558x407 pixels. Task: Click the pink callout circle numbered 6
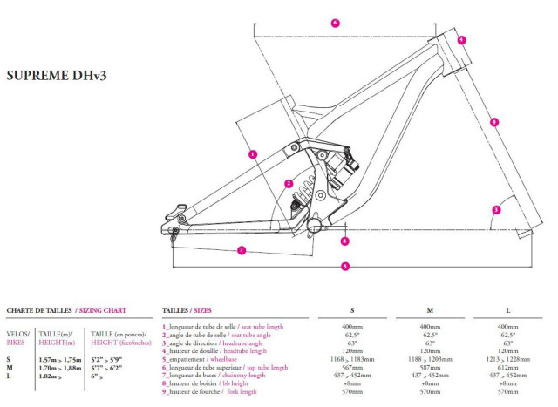[x=335, y=23]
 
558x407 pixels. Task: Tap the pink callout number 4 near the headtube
[x=461, y=39]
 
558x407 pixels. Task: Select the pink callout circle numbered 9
[x=494, y=123]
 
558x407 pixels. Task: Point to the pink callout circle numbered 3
[x=496, y=210]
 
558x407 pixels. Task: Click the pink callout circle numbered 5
[x=345, y=266]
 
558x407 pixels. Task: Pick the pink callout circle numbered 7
[x=242, y=250]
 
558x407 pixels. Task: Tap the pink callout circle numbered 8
[x=345, y=241]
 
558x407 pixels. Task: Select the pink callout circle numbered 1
[x=253, y=154]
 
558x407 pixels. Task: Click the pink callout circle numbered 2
[x=289, y=183]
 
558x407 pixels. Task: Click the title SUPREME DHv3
[x=56, y=76]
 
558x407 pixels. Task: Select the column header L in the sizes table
[x=507, y=310]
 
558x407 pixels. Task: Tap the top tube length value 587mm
[x=430, y=368]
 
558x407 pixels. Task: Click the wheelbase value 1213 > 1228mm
[x=507, y=359]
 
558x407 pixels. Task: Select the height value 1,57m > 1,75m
[x=60, y=359]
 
